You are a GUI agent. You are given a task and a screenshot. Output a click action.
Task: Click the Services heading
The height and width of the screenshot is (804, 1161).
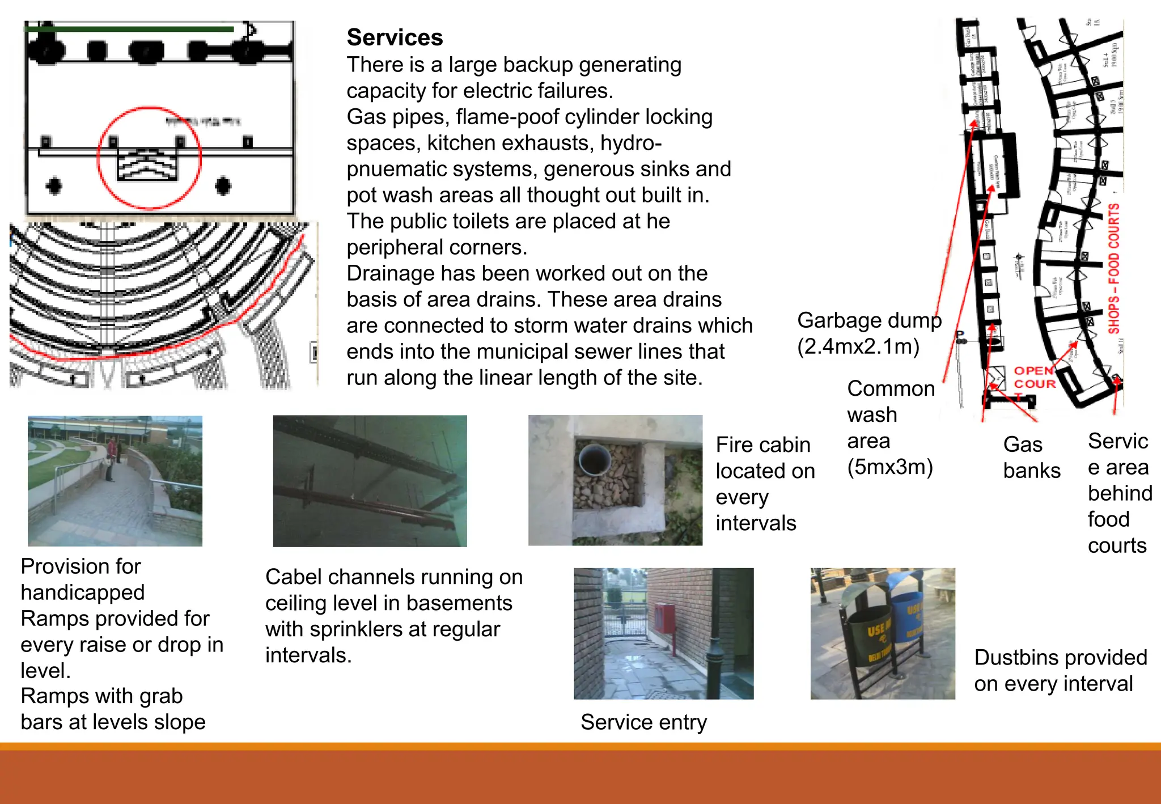pyautogui.click(x=395, y=37)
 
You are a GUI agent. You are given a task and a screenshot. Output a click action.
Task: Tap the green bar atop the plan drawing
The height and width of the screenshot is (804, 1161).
pyautogui.click(x=129, y=29)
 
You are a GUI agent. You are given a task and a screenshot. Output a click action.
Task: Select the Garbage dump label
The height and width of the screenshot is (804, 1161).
pyautogui.click(x=868, y=320)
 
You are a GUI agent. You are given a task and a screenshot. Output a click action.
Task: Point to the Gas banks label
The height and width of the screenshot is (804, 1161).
pyautogui.click(x=1031, y=458)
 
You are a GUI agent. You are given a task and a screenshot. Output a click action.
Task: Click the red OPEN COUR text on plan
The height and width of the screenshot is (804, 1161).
pyautogui.click(x=1034, y=377)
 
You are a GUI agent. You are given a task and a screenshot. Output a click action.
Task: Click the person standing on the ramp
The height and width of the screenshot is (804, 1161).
pyautogui.click(x=111, y=458)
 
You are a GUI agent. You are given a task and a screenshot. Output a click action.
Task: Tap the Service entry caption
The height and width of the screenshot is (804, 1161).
pyautogui.click(x=643, y=722)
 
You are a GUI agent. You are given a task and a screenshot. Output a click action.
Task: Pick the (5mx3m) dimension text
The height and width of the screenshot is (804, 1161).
pyautogui.click(x=889, y=467)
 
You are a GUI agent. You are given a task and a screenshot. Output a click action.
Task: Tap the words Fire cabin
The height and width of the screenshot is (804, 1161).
pyautogui.click(x=762, y=445)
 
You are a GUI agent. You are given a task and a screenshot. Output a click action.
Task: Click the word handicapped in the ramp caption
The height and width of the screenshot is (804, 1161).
pyautogui.click(x=83, y=593)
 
